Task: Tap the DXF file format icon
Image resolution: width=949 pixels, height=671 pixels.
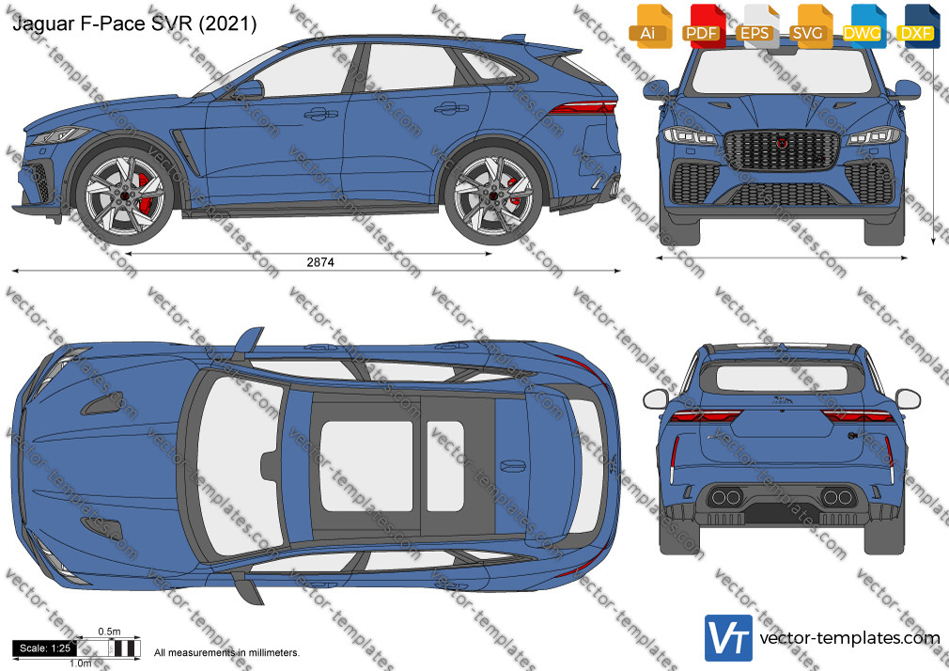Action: coord(918,26)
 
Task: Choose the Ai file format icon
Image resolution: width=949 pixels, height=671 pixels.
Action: coord(650,26)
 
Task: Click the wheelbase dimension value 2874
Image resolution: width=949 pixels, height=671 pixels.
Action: coord(320,262)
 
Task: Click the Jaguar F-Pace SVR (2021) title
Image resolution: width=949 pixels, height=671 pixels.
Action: coord(134,23)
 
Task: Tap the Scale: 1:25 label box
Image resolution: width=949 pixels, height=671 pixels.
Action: coord(45,648)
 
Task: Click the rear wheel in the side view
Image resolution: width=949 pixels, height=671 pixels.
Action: coord(492,194)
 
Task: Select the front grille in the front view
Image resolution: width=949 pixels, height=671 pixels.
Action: coord(782,150)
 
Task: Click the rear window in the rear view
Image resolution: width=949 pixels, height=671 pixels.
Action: coord(782,378)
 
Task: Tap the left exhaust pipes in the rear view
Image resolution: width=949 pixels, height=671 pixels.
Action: coord(725,498)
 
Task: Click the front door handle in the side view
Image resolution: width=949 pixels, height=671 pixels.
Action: coord(320,114)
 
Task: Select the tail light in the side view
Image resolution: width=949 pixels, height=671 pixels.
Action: coord(583,108)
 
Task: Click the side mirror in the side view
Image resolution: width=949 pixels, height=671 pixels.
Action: coord(249,89)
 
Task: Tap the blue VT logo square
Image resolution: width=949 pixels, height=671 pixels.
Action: coord(729,638)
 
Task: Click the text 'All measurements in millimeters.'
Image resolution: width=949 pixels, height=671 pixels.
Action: coord(227,653)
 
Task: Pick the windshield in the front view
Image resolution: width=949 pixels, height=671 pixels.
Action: coord(782,71)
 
